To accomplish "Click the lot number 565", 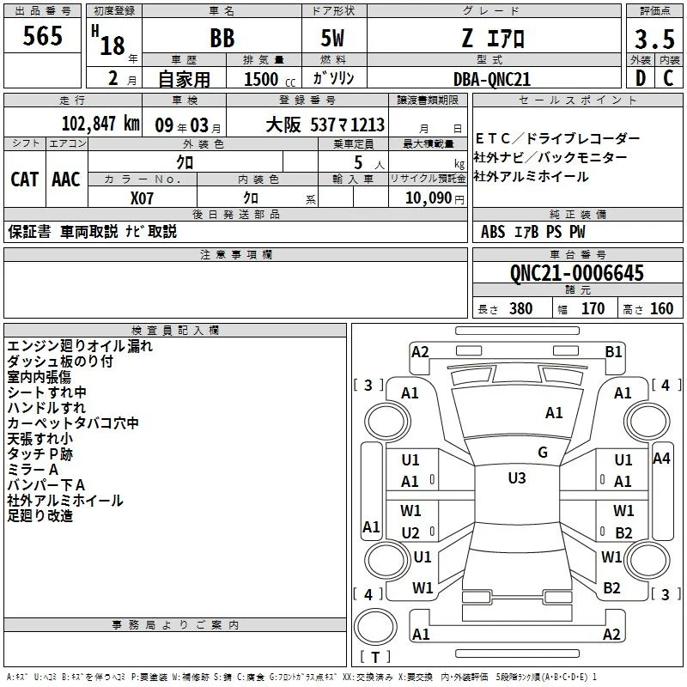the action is (x=42, y=36).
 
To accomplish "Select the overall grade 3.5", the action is (x=654, y=39).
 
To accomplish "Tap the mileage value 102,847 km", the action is (x=100, y=124).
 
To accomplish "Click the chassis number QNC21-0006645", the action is (x=577, y=273).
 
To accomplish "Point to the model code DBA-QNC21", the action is (x=492, y=79).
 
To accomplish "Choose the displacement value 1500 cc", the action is (x=270, y=79).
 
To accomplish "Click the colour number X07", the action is (x=142, y=198).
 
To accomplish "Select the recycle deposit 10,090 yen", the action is (x=435, y=198).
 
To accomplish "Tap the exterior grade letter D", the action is (x=641, y=78).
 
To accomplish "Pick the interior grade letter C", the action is (x=668, y=78).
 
